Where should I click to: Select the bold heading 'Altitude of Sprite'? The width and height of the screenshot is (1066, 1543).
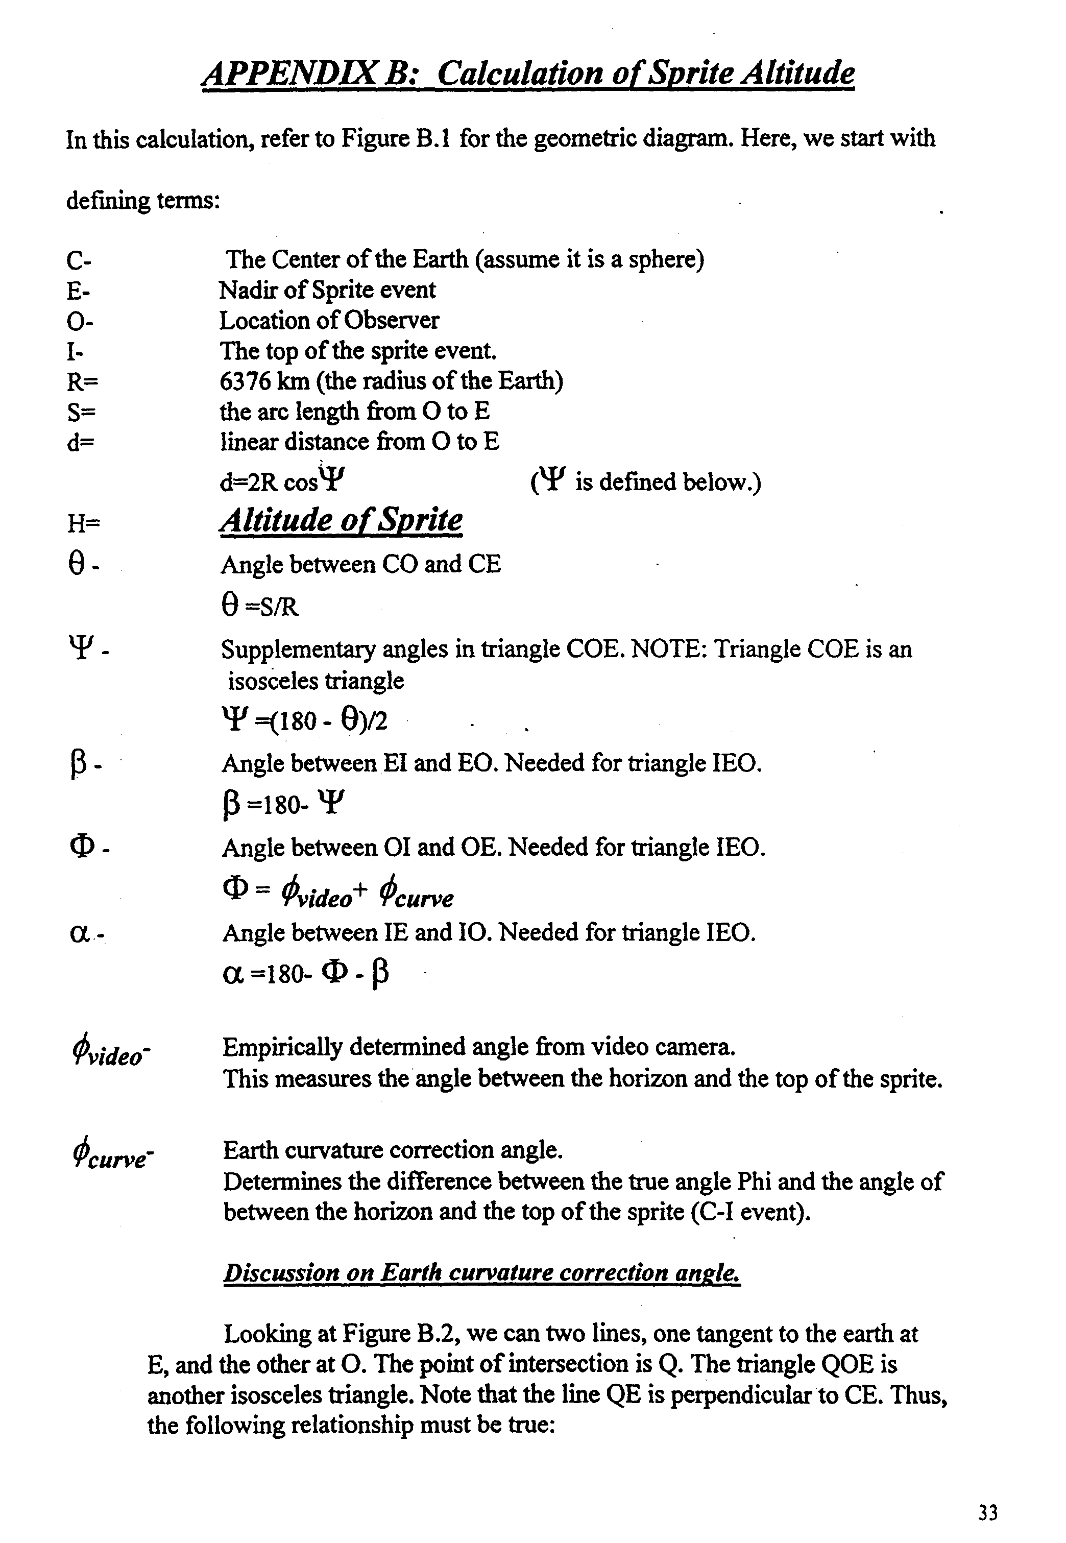point(341,521)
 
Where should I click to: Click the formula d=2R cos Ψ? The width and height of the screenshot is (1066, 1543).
point(282,481)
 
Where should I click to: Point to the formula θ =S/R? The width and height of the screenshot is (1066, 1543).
point(259,607)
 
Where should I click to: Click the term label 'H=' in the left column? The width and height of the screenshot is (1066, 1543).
point(83,523)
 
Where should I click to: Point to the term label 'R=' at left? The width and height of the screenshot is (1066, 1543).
point(82,382)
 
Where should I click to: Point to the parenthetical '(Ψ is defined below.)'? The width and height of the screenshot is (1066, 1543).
point(646,481)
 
